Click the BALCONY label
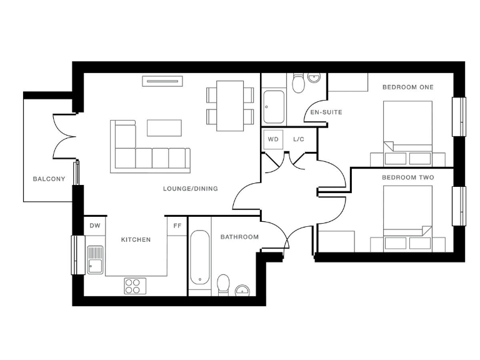coord(49,179)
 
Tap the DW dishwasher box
coord(94,226)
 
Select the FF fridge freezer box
coord(177,226)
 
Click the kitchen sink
coord(95,259)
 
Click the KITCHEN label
coord(136,239)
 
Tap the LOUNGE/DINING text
coord(190,189)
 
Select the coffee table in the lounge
coord(164,127)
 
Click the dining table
coord(230,106)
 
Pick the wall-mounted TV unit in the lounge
coord(162,80)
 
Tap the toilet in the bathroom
coord(223,284)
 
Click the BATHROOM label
coord(239,237)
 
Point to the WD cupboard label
coord(273,139)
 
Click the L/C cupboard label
coord(299,139)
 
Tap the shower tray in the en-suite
coord(274,107)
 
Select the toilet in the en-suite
coord(298,82)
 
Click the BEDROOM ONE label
coord(407,87)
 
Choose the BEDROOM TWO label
coord(407,178)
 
